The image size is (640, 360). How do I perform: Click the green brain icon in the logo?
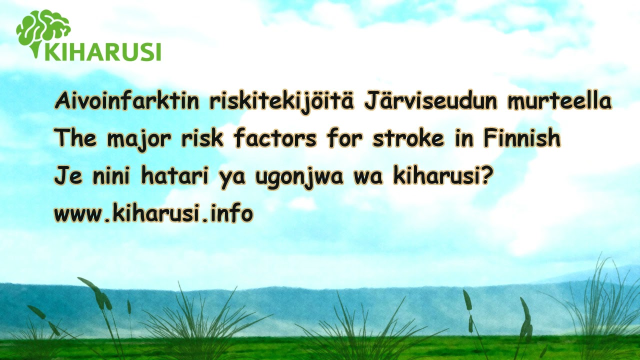pyautogui.click(x=43, y=31)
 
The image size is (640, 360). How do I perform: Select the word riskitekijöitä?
pyautogui.click(x=281, y=101)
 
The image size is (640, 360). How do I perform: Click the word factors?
pyautogui.click(x=275, y=138)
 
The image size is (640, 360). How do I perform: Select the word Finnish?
pyautogui.click(x=522, y=138)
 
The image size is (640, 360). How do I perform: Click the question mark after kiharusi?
pyautogui.click(x=487, y=175)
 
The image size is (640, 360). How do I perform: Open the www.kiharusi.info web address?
pyautogui.click(x=153, y=213)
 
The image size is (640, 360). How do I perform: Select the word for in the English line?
pyautogui.click(x=345, y=138)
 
